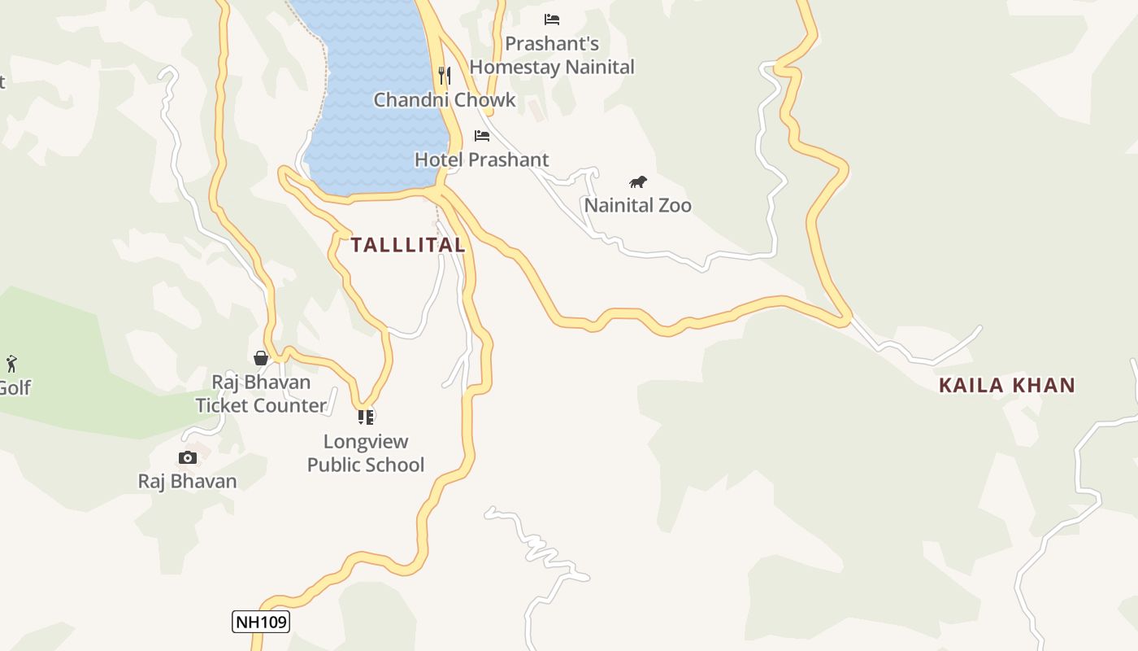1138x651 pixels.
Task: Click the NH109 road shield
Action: tap(261, 622)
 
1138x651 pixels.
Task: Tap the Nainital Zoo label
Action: tap(637, 205)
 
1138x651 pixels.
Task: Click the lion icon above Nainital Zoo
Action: tap(638, 181)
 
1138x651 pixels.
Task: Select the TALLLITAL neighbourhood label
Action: tap(408, 245)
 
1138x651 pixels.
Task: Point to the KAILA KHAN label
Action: tap(1007, 385)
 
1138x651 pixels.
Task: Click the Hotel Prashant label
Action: tap(482, 159)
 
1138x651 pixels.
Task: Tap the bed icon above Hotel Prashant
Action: tap(482, 135)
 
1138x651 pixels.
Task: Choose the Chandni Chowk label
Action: tap(445, 100)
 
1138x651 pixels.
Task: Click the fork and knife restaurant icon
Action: tap(444, 76)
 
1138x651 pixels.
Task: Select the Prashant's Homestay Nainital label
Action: tap(552, 55)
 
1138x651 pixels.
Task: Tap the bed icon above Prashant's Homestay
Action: tap(552, 19)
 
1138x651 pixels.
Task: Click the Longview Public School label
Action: tap(366, 453)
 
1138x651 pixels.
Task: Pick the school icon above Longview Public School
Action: tap(366, 417)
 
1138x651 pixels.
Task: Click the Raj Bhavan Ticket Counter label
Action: tap(261, 394)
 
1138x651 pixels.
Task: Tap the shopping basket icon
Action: tap(261, 358)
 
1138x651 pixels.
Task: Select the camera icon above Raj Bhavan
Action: tap(188, 457)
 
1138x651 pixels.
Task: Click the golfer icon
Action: tap(11, 363)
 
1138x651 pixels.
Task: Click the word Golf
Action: tap(15, 387)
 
